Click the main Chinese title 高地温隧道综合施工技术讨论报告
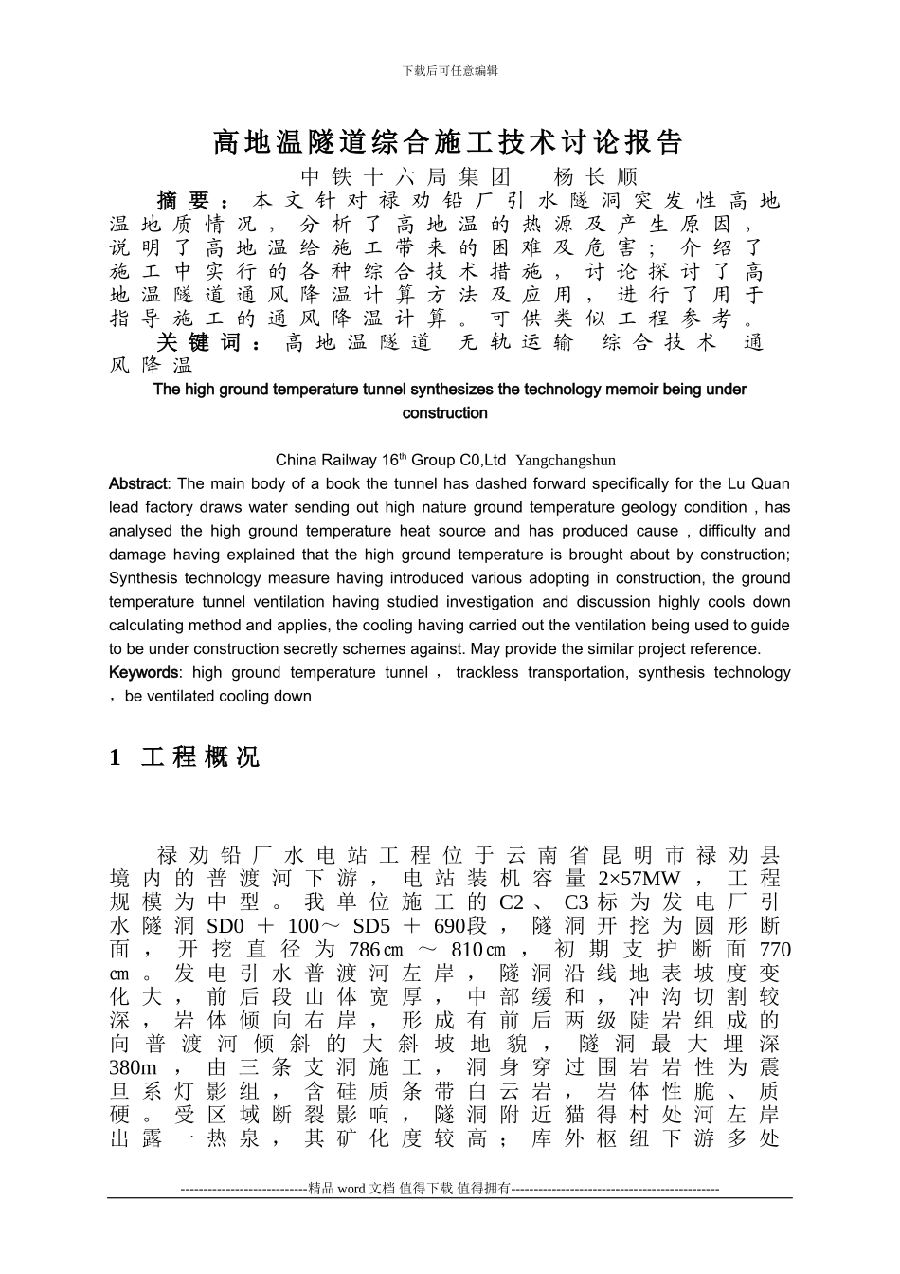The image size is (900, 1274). point(448,142)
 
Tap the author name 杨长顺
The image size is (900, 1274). point(595,177)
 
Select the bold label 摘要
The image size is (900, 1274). point(185,201)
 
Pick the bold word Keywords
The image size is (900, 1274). point(143,673)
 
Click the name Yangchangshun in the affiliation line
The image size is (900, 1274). point(566,462)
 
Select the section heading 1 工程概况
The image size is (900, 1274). point(185,757)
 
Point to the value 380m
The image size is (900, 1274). point(133,1068)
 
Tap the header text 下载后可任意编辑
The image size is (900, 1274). point(450,71)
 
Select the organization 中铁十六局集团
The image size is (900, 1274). point(405,177)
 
